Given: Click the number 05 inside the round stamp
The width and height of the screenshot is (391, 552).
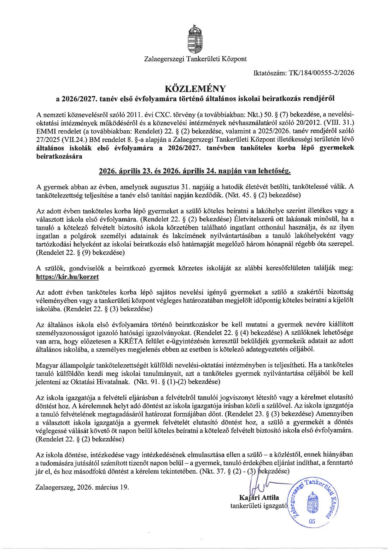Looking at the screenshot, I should pos(312,521).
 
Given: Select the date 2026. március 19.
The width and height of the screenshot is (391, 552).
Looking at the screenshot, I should pos(103,487).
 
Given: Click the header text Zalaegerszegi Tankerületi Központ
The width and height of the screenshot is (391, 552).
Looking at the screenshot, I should pos(195,59).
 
